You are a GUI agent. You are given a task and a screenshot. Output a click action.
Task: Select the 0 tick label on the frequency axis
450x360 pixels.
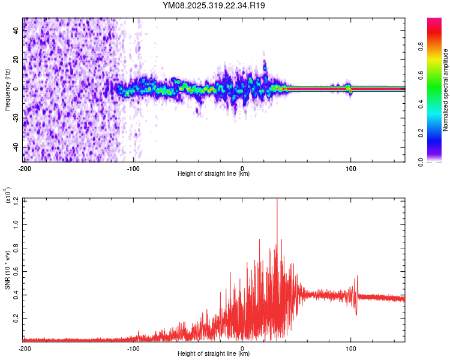coord(16,89)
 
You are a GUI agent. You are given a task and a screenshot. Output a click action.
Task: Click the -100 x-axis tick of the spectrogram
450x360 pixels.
coord(133,167)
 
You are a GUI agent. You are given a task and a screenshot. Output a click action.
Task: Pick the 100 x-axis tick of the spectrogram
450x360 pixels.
coord(351,167)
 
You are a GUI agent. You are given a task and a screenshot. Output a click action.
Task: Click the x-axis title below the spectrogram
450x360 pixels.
coord(214,174)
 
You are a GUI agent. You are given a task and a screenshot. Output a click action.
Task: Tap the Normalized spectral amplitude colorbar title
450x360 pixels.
coord(445,90)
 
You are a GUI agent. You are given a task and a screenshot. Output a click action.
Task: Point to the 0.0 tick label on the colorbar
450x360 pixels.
coord(439,160)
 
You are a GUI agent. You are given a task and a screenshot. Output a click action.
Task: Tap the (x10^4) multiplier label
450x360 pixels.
coord(8,196)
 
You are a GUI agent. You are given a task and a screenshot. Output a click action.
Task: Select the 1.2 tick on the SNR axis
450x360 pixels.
coord(16,199)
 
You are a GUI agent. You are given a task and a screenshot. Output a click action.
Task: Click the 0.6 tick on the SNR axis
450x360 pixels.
coord(16,271)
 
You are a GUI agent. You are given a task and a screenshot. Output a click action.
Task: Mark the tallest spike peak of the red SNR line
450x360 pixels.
coord(277,199)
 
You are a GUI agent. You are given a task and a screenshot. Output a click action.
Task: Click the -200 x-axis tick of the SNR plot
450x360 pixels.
coord(25,348)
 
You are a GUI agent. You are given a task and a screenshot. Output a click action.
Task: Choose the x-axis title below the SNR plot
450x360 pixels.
coord(214,355)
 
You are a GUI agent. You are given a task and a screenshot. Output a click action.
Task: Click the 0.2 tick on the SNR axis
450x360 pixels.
coord(16,318)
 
